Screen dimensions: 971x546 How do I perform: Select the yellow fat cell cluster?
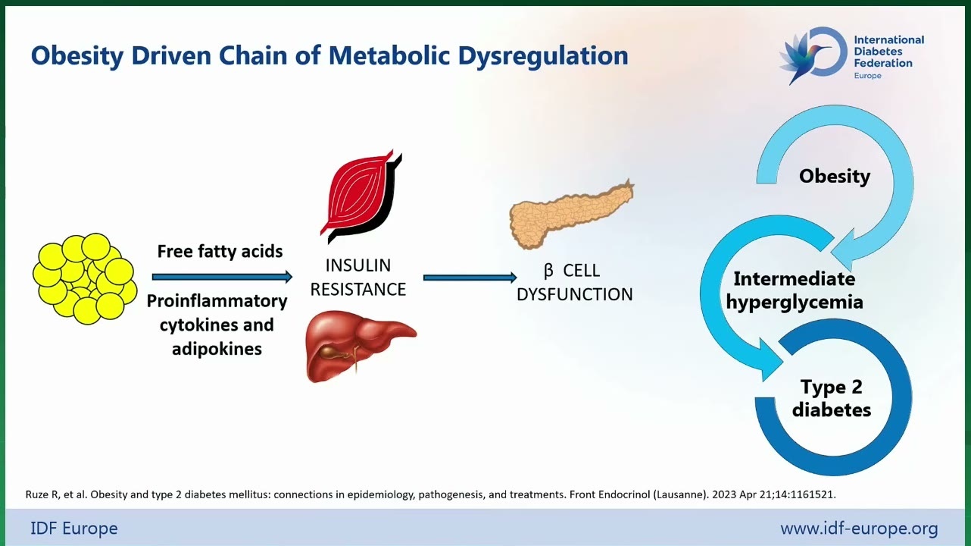[x=85, y=278]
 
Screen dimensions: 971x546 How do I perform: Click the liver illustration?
[x=361, y=346]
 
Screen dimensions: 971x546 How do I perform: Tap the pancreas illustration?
[x=571, y=214]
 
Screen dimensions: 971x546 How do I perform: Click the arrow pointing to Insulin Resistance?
[x=223, y=277]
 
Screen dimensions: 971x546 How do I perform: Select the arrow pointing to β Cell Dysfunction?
[x=470, y=278]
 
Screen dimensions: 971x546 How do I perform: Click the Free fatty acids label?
[x=220, y=251]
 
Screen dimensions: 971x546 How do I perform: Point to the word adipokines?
[x=217, y=349]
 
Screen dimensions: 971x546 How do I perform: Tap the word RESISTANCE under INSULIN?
[x=358, y=290]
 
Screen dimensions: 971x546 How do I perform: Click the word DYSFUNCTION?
[x=575, y=295]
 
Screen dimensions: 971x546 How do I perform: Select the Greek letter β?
[x=548, y=271]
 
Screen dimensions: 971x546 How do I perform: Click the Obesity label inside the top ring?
[x=835, y=176]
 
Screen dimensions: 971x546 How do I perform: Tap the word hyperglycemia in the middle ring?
[x=795, y=302]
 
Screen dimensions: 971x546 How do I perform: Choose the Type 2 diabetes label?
[x=832, y=398]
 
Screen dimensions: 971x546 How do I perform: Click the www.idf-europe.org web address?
[x=859, y=529]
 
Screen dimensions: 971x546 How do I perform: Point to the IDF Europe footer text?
[x=74, y=529]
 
